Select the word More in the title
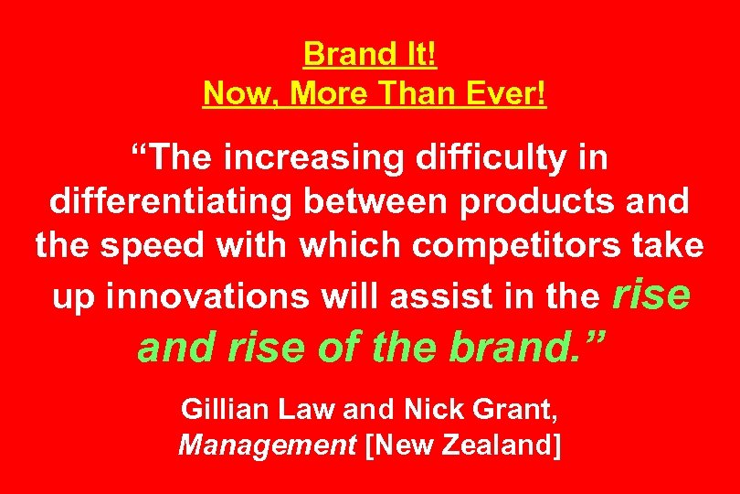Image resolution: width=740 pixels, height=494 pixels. tap(330, 93)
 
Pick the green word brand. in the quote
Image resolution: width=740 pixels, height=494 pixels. tap(524, 347)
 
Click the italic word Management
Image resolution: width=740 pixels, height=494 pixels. tap(268, 446)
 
